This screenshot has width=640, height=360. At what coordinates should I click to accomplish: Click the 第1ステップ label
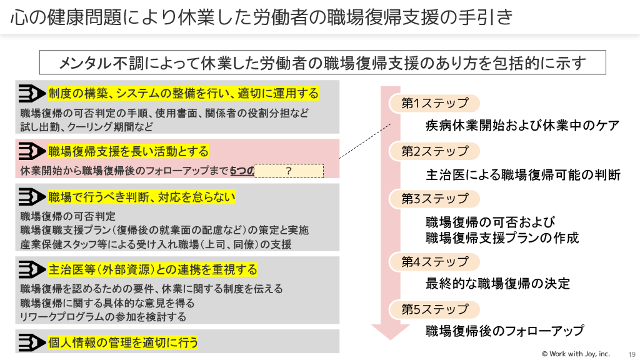(x=434, y=103)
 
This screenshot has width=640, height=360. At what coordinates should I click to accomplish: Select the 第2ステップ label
(x=434, y=151)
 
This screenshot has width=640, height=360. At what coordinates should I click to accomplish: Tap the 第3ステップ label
(x=434, y=199)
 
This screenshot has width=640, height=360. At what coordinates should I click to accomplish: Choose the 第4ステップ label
(x=434, y=262)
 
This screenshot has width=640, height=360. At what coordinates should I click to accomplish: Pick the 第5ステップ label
(x=434, y=309)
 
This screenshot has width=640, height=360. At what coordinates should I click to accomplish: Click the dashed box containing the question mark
(x=289, y=171)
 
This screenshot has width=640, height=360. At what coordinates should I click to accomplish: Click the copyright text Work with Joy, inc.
(x=575, y=354)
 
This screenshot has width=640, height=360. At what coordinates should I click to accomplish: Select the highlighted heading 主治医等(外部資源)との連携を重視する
(x=152, y=270)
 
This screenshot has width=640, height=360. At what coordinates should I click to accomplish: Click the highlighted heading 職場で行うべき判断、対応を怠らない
(x=142, y=197)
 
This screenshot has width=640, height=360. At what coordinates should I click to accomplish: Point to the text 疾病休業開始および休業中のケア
(x=522, y=126)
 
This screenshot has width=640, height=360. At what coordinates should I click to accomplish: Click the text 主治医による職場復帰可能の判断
(x=523, y=174)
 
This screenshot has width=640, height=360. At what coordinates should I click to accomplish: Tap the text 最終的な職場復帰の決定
(x=498, y=284)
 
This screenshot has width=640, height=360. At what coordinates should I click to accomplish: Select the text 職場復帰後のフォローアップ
(x=505, y=331)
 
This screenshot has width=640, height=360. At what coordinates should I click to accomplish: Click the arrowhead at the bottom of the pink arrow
(x=390, y=331)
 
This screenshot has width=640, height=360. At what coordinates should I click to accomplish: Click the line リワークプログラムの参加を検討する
(x=103, y=317)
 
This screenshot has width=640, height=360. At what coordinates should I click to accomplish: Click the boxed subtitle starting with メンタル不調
(x=322, y=62)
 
